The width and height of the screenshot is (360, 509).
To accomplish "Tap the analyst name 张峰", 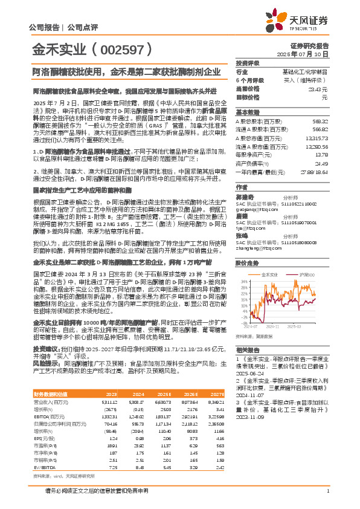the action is pyautogui.click(x=241, y=235).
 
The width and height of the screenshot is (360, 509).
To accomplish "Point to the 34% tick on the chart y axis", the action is pyautogui.click(x=244, y=282).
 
